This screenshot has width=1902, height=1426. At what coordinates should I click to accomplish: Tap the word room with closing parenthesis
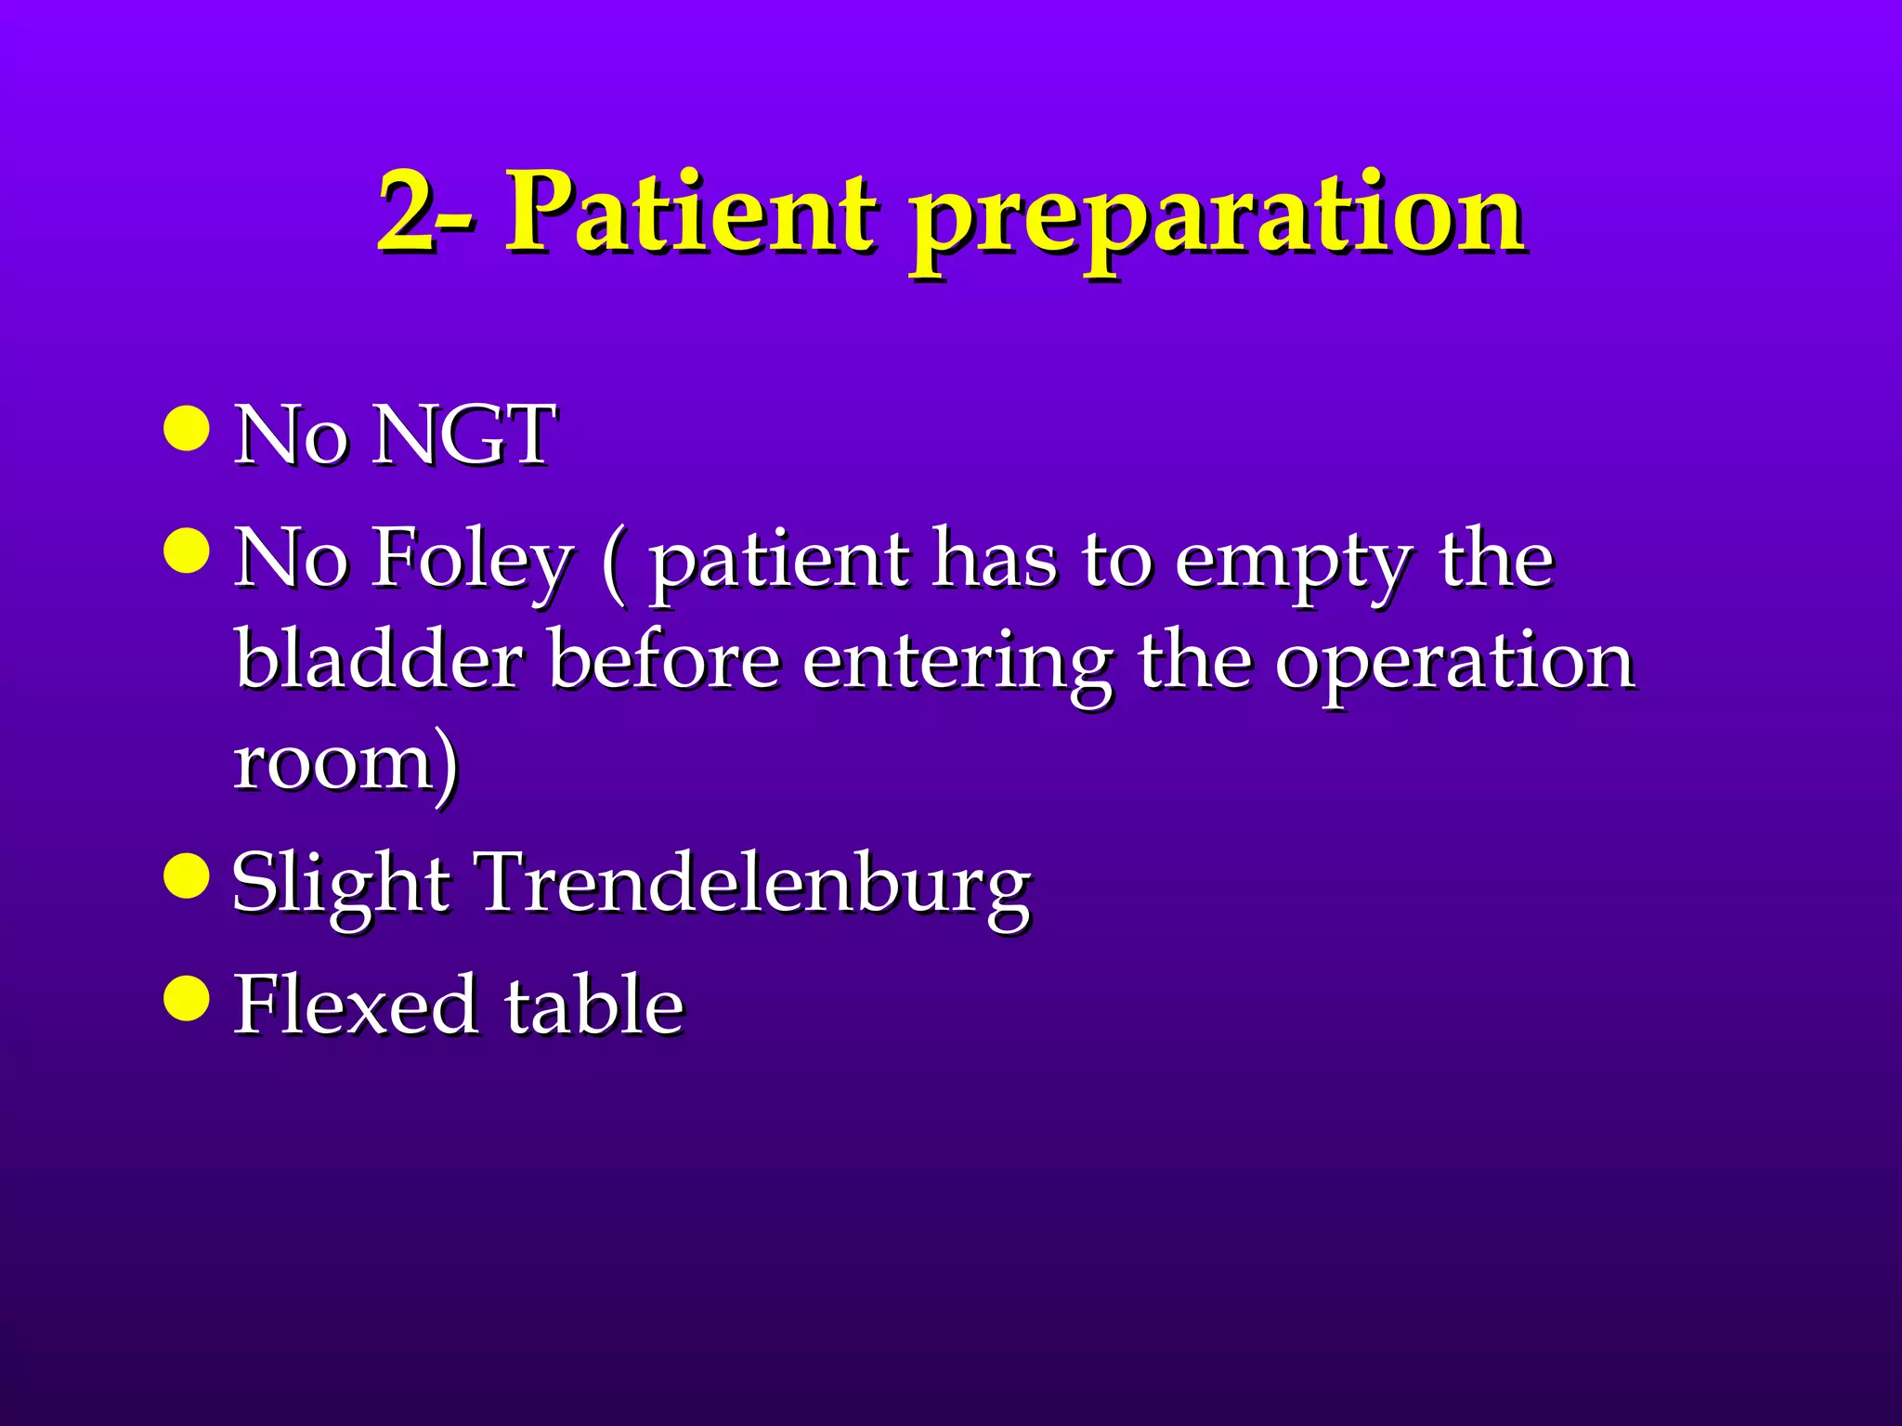pos(345,763)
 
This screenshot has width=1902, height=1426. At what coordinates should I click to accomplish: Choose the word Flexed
pos(356,1005)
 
